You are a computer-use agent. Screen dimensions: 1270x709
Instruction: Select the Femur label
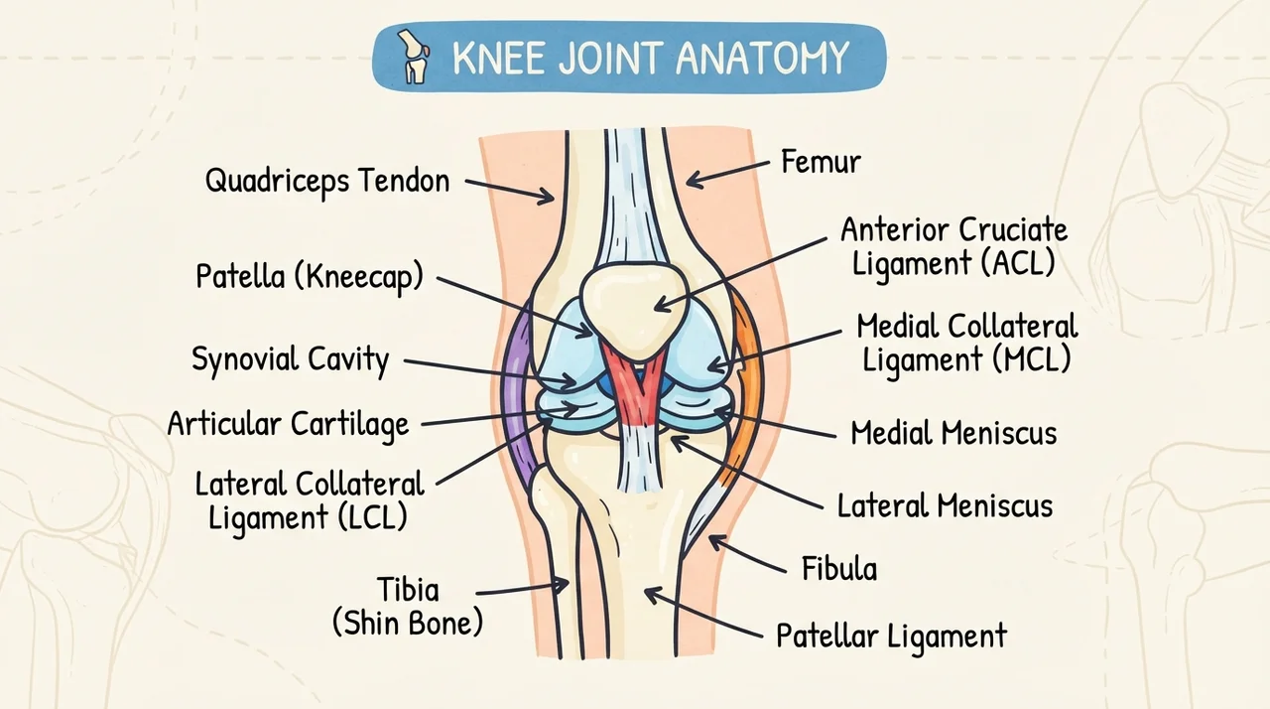click(x=821, y=162)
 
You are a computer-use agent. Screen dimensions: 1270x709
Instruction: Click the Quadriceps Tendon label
click(x=327, y=182)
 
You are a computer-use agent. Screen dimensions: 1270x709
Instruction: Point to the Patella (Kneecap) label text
click(x=310, y=277)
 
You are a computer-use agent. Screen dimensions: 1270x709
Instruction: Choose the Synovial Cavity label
click(x=291, y=360)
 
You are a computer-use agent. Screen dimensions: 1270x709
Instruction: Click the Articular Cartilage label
click(x=288, y=425)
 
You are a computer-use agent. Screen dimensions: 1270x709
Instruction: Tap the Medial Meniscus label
click(x=954, y=433)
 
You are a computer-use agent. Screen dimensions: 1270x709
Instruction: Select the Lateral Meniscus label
click(x=946, y=505)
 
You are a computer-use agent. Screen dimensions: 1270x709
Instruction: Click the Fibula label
click(x=839, y=568)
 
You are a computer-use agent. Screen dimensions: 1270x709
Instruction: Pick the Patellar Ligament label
click(x=891, y=636)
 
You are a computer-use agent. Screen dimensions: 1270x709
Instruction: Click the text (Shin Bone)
click(x=408, y=623)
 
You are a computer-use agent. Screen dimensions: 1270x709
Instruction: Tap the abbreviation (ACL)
click(x=1017, y=262)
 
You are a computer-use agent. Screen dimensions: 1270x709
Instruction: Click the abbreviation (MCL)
click(x=1031, y=359)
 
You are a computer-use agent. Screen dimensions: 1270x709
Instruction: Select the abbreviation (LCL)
click(x=372, y=517)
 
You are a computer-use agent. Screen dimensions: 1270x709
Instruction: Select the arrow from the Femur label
click(x=727, y=173)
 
